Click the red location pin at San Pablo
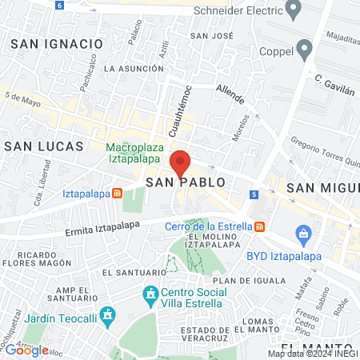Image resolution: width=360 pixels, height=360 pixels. pyautogui.click(x=180, y=163)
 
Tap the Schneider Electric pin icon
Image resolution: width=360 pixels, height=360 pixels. pyautogui.click(x=293, y=10)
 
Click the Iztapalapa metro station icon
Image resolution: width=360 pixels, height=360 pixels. pyautogui.click(x=117, y=194)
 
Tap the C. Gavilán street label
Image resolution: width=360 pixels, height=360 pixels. pyautogui.click(x=334, y=86)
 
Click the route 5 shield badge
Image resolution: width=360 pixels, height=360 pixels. pyautogui.click(x=254, y=194)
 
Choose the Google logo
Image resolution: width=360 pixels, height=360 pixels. pyautogui.click(x=26, y=350)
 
